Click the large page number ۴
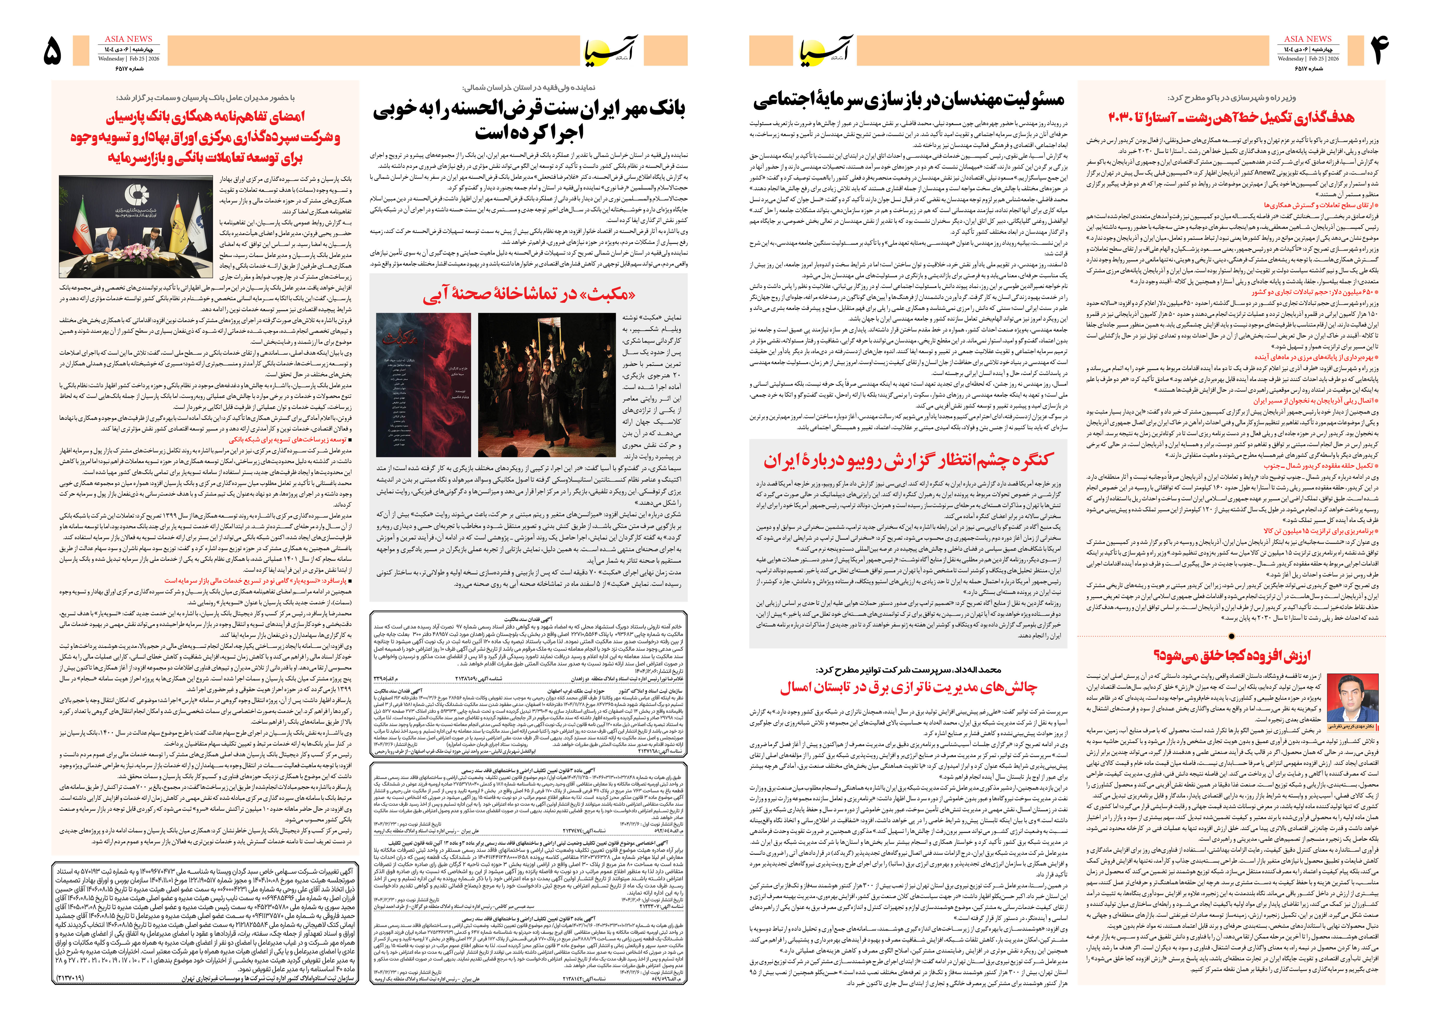tap(1378, 51)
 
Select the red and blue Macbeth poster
tap(423, 384)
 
